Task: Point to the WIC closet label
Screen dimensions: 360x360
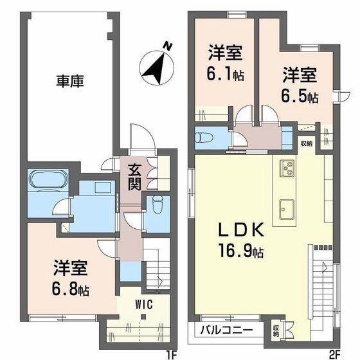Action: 143,305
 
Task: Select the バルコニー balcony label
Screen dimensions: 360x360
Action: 228,330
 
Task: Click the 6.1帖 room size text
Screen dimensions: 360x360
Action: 225,75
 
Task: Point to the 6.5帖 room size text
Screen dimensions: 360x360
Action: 300,97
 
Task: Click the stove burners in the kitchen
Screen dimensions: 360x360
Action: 286,169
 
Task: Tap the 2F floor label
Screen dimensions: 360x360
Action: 334,353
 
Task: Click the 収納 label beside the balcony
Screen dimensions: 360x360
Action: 276,330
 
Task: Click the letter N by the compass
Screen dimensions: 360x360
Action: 167,46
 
